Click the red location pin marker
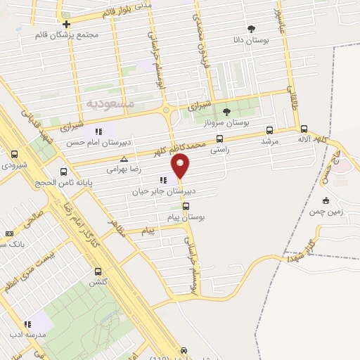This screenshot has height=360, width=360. [181, 167]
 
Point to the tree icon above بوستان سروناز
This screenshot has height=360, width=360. [226, 111]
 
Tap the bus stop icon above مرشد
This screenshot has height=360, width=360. [270, 130]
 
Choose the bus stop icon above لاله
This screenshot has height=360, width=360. [304, 129]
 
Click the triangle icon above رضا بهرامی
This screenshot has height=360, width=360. [124, 159]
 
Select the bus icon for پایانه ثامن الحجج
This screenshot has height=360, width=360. [64, 172]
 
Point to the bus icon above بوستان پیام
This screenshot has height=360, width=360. [186, 206]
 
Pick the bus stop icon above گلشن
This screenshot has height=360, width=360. [96, 271]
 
